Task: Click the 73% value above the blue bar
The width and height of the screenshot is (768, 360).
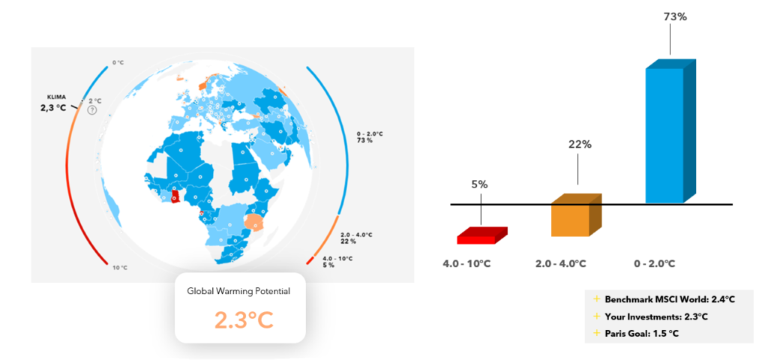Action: tap(676, 17)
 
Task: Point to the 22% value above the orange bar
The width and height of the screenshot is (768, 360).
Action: tap(580, 145)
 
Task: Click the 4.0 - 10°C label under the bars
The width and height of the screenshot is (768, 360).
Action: tap(466, 264)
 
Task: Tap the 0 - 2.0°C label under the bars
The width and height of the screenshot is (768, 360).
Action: tap(655, 264)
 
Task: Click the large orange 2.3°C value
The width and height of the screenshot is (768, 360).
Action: tap(244, 319)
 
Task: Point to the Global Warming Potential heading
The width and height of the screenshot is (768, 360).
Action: tap(238, 291)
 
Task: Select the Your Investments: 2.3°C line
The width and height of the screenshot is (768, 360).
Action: tap(650, 316)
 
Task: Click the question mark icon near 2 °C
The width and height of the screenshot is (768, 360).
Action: tap(92, 111)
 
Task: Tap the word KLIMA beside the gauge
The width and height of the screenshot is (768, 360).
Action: tap(55, 97)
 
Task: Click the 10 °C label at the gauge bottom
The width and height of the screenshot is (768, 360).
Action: tap(121, 268)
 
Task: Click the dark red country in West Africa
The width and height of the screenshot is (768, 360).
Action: tap(176, 196)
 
